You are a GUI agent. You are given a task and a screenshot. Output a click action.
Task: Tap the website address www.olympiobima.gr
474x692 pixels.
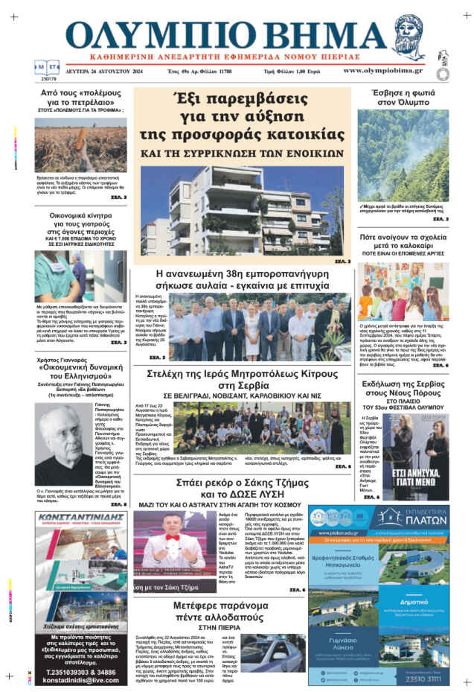point(382,70)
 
